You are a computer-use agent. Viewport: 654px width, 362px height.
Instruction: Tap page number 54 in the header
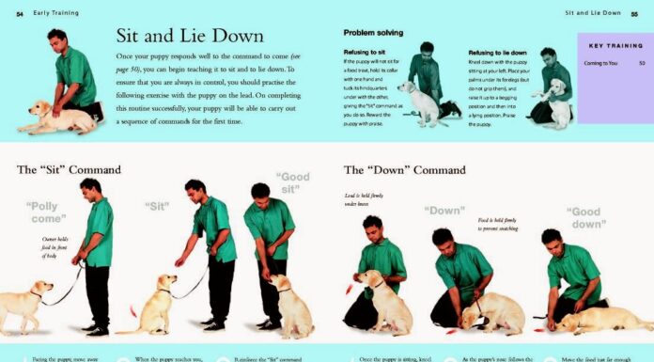point(20,13)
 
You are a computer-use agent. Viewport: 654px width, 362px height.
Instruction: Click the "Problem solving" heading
point(373,32)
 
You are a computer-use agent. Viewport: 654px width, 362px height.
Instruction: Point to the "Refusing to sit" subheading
point(365,54)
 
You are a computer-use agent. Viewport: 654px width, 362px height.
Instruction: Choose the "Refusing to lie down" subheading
point(497,53)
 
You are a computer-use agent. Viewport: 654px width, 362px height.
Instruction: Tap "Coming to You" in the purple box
point(601,64)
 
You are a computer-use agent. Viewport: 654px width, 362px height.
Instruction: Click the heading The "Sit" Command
point(69,170)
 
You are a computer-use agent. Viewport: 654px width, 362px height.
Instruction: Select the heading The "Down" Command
point(404,170)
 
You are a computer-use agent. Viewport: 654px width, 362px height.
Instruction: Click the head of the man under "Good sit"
point(260,192)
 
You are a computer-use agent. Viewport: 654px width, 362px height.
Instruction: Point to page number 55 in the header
point(636,13)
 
